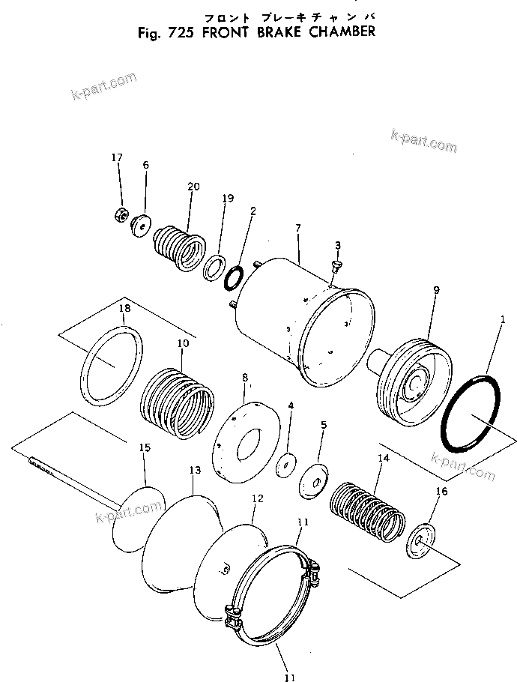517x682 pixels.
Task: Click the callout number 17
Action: coord(116,157)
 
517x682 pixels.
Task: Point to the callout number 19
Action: coord(228,199)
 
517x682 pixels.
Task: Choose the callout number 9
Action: coord(436,290)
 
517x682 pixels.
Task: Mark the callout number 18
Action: coord(124,308)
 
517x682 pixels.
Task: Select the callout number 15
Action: coord(145,447)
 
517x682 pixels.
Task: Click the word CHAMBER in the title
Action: coord(335,33)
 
